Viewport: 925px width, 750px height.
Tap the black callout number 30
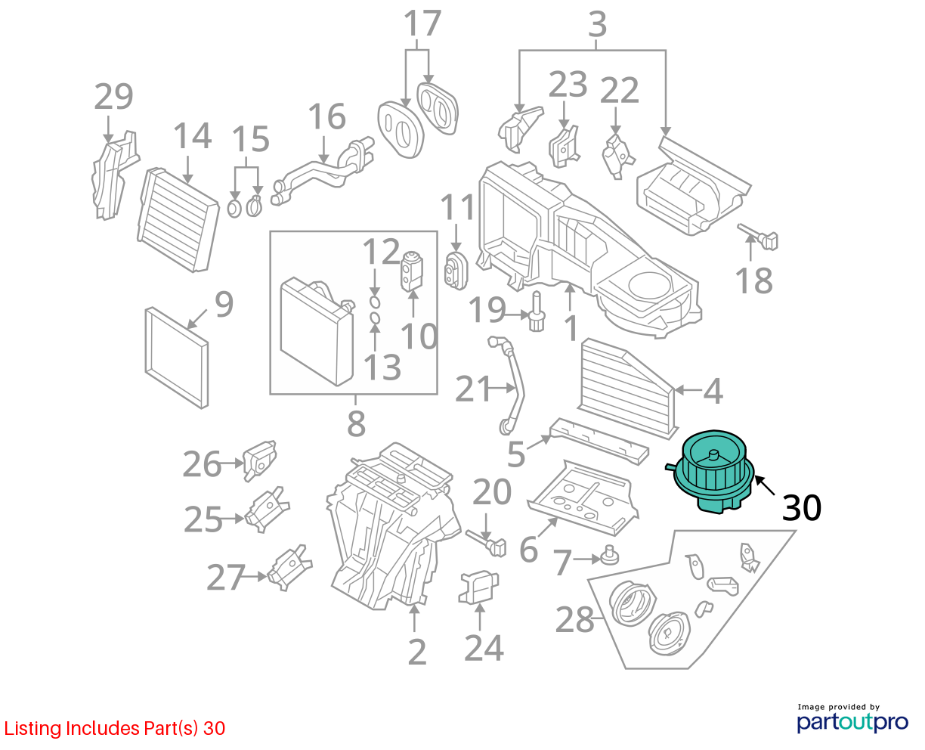[x=801, y=507]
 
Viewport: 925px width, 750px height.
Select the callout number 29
[x=113, y=96]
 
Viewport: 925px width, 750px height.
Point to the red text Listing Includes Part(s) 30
[x=115, y=728]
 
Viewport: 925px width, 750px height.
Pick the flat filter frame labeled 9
[x=177, y=358]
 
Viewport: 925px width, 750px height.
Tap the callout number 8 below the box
[x=356, y=423]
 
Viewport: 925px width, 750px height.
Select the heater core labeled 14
[x=178, y=219]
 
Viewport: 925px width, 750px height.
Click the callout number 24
[x=484, y=647]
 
